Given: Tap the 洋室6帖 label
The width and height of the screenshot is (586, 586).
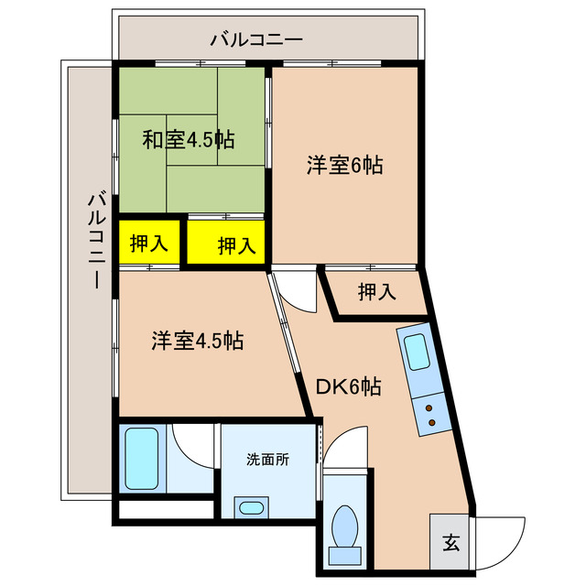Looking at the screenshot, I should (344, 166).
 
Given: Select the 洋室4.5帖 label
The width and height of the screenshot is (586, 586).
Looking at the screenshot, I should (197, 341).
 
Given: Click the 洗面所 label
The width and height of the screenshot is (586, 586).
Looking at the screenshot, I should (267, 460).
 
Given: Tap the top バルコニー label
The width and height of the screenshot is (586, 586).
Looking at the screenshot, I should (255, 39).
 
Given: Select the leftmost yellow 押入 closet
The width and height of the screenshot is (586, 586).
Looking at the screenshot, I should (148, 244).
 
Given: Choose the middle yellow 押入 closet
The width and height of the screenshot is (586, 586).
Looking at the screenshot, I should (227, 244).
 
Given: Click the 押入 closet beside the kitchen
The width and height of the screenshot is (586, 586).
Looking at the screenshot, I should (377, 292).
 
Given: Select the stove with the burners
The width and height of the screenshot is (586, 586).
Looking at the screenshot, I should (429, 414).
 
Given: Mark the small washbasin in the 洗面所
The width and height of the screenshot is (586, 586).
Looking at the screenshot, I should (250, 506).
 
